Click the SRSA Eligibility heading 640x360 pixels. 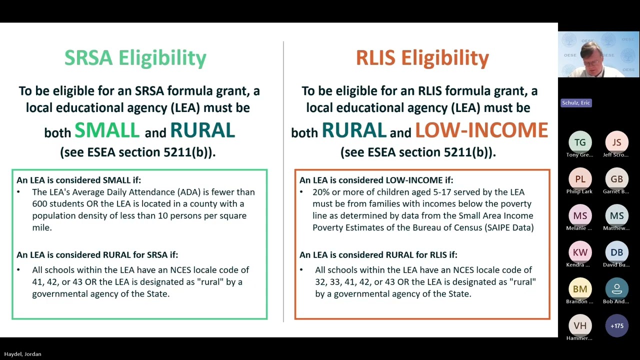pyautogui.click(x=135, y=58)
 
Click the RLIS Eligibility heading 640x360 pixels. pyautogui.click(x=422, y=58)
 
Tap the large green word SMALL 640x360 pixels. pyautogui.click(x=107, y=130)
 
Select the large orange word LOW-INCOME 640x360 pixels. pyautogui.click(x=481, y=130)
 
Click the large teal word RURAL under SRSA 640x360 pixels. pyautogui.click(x=202, y=130)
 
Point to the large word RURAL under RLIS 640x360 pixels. pyautogui.click(x=353, y=130)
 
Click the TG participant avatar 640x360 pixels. pyautogui.click(x=580, y=142)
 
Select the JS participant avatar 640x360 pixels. pyautogui.click(x=616, y=142)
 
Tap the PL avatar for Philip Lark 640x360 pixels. pyautogui.click(x=580, y=179)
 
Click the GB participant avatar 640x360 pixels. pyautogui.click(x=616, y=179)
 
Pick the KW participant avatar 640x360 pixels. pyautogui.click(x=580, y=252)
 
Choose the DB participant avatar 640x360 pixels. pyautogui.click(x=616, y=252)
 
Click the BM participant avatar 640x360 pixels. pyautogui.click(x=580, y=289)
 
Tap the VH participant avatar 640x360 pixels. pyautogui.click(x=580, y=325)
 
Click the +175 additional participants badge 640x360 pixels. pyautogui.click(x=616, y=325)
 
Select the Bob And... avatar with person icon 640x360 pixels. pyautogui.click(x=616, y=289)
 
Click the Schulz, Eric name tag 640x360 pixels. pyautogui.click(x=576, y=103)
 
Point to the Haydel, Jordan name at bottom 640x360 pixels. pyautogui.click(x=22, y=354)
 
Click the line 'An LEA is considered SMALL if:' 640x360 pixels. pyautogui.click(x=78, y=180)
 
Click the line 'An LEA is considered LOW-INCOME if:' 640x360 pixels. pyautogui.click(x=376, y=180)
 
